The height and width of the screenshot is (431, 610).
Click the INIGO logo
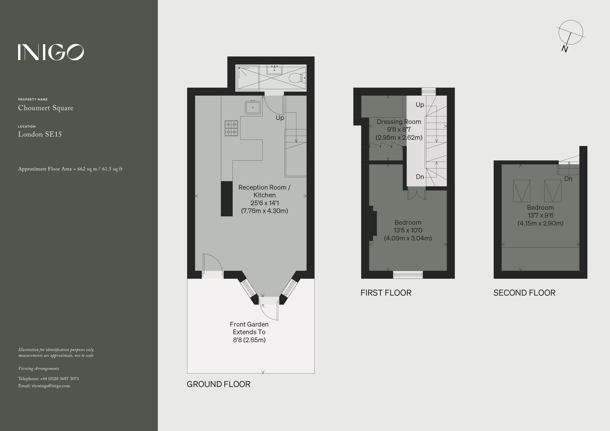[51, 52]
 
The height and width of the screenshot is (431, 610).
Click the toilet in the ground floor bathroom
[296, 78]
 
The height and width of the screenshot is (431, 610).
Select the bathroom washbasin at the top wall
[274, 70]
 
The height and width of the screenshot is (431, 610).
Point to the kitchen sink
[253, 107]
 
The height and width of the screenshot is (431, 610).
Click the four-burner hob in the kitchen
[231, 128]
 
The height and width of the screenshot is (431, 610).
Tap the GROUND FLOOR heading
[218, 384]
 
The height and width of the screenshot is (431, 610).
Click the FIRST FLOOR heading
[386, 293]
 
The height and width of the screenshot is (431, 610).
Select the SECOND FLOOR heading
[524, 293]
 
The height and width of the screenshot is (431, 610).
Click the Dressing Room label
[399, 122]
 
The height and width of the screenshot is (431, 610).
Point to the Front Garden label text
[249, 325]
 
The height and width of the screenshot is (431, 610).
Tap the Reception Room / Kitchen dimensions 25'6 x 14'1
[264, 203]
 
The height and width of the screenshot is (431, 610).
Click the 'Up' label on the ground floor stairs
[280, 118]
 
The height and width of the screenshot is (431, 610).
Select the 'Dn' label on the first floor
[420, 177]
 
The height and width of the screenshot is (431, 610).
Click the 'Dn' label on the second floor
[568, 179]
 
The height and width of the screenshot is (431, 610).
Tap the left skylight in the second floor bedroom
[522, 191]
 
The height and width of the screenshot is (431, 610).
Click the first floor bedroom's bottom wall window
[408, 275]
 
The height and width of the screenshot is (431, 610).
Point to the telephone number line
[49, 379]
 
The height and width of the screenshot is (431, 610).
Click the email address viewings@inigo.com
[51, 386]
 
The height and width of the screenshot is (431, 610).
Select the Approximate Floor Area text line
[70, 169]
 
